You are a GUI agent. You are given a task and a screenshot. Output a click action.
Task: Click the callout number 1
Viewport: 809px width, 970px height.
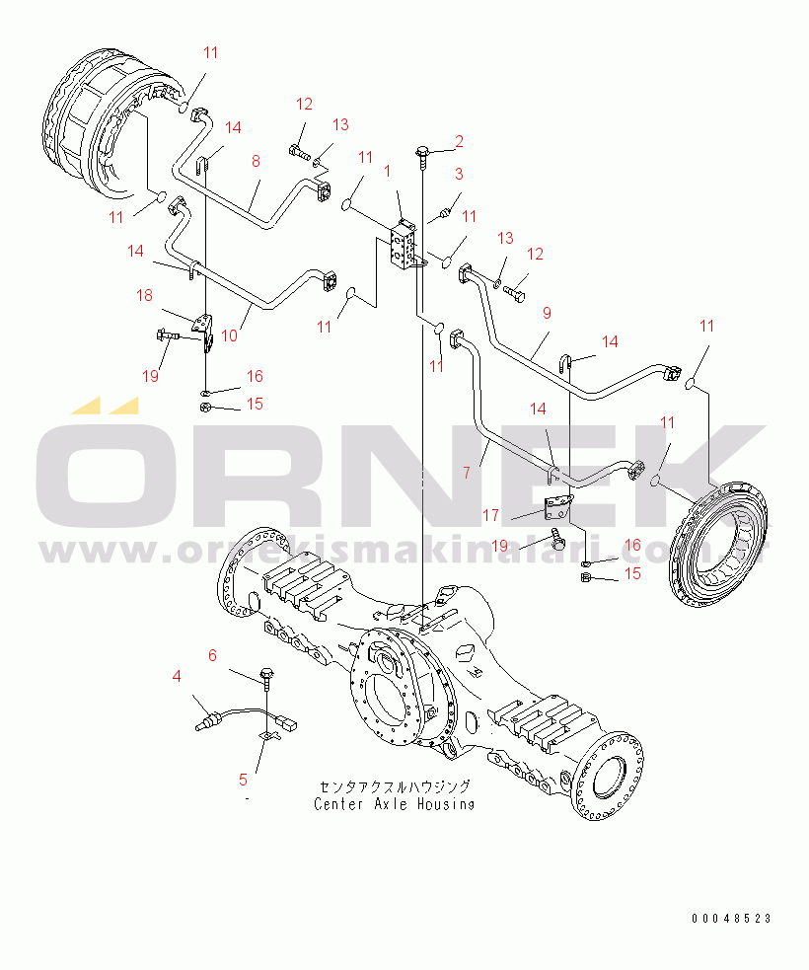click(387, 171)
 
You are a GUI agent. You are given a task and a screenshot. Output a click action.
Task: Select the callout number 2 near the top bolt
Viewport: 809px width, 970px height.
click(459, 141)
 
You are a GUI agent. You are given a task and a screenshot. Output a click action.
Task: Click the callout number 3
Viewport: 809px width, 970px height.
click(459, 174)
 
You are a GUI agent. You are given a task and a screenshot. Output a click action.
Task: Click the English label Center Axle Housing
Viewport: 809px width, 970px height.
click(394, 804)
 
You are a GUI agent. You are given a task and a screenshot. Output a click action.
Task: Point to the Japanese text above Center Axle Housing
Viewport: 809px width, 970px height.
click(395, 786)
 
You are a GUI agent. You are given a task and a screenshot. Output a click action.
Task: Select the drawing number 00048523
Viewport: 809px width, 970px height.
click(732, 919)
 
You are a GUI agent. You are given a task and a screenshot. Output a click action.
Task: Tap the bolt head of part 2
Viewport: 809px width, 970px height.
click(423, 150)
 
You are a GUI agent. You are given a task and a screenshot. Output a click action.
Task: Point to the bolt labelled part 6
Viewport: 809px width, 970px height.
click(267, 677)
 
